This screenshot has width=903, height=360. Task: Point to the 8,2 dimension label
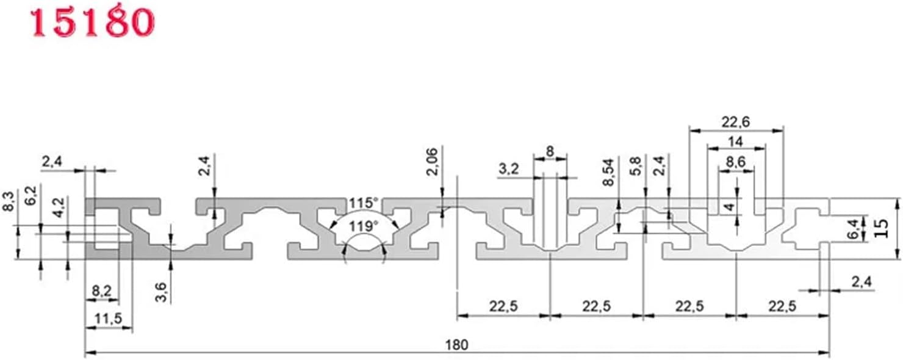tap(101, 292)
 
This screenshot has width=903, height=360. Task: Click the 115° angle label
tap(364, 203)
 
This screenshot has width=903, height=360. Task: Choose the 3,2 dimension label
tap(509, 170)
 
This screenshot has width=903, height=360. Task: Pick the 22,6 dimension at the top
tap(736, 122)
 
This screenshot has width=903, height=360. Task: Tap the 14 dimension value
tap(736, 141)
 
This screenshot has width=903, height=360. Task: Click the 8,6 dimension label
tap(736, 162)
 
